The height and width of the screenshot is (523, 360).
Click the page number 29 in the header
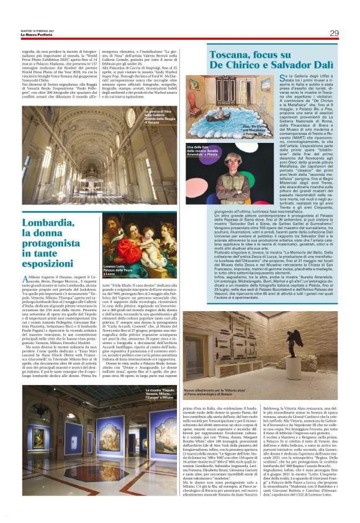[334, 33]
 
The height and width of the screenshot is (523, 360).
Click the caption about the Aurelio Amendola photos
[204, 148]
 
